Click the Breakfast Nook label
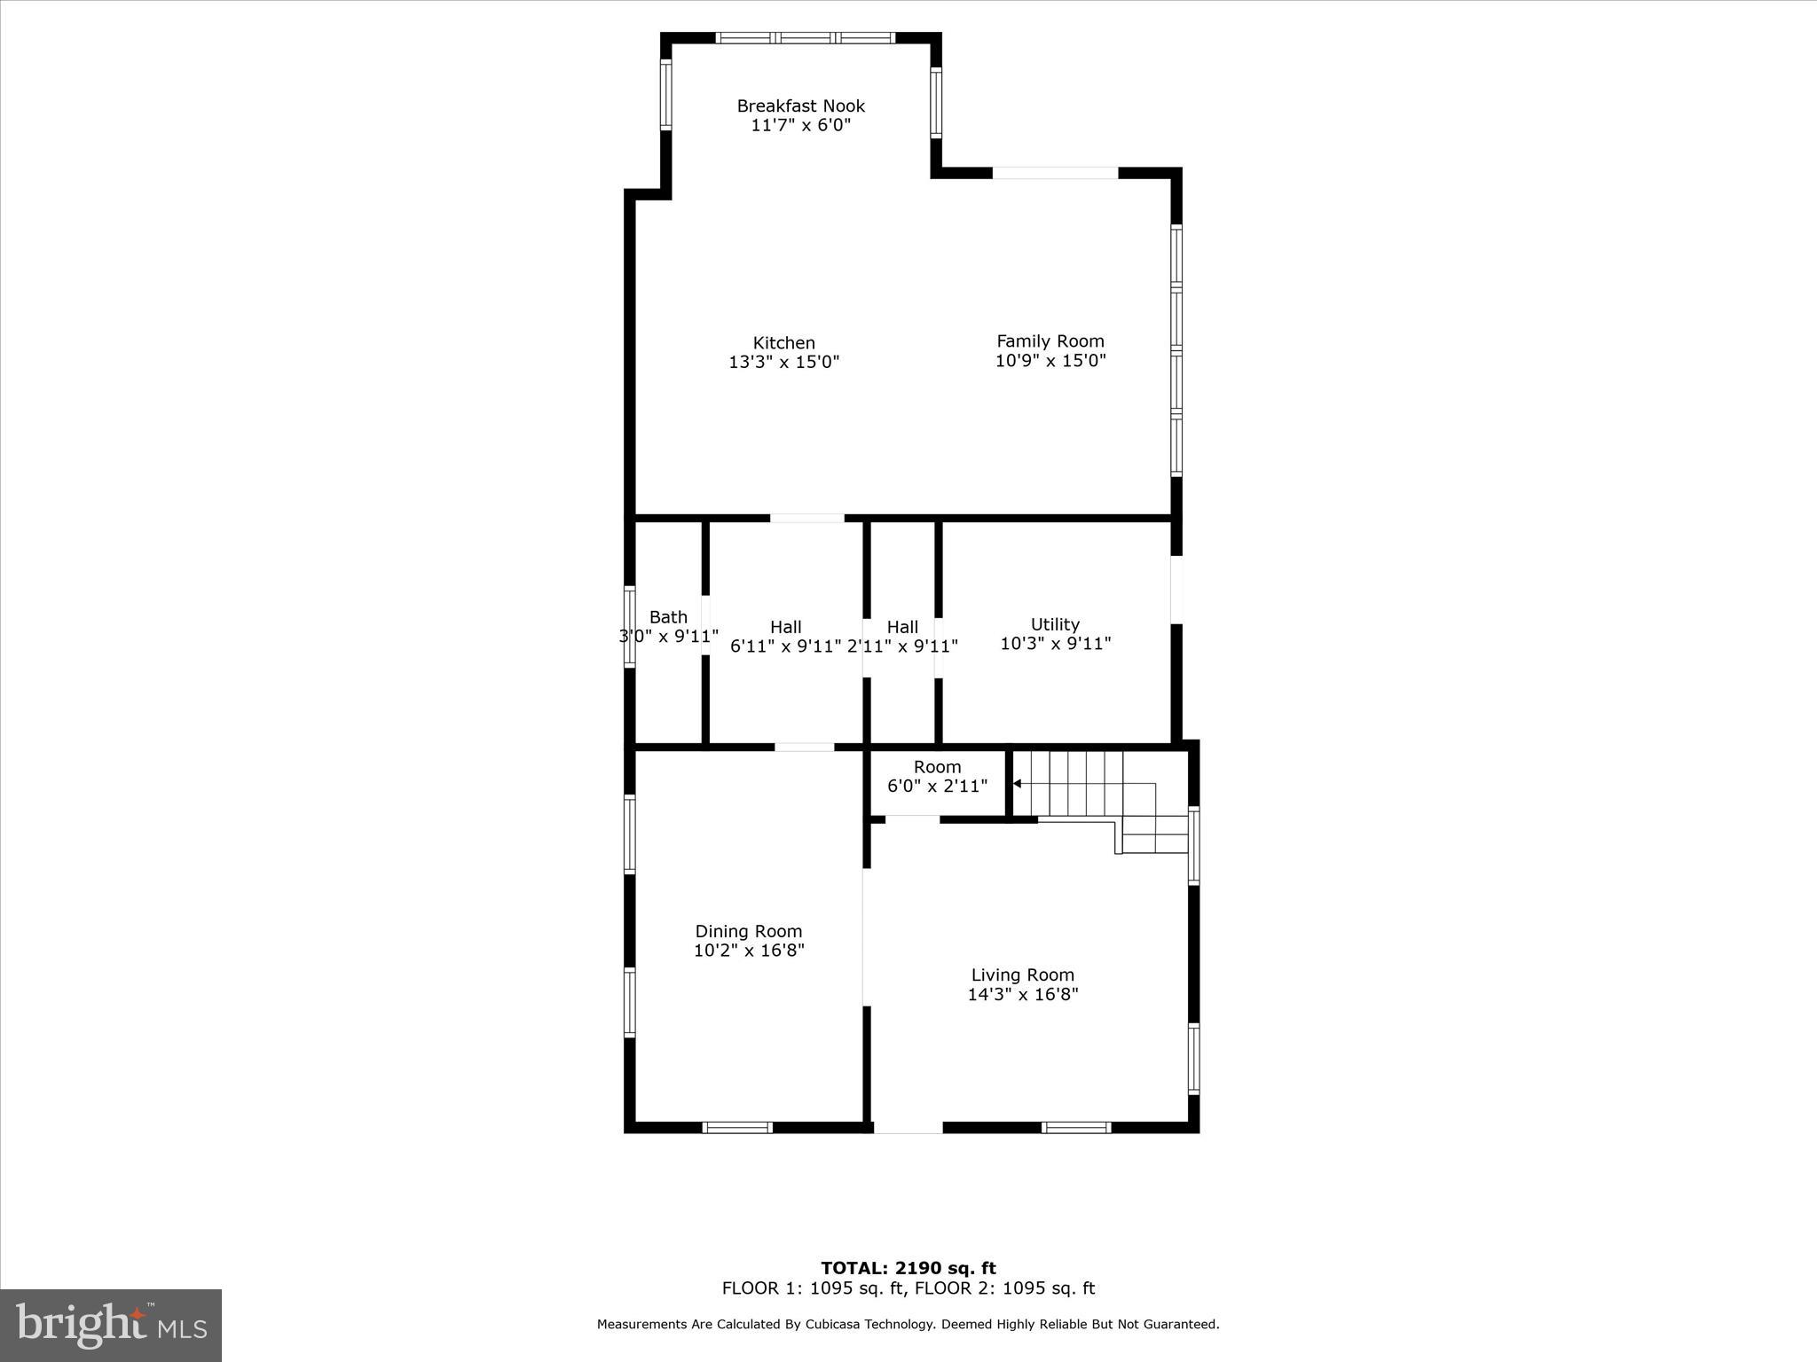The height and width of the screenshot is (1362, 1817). [800, 106]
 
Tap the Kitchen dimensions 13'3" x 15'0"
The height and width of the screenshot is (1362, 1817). [783, 363]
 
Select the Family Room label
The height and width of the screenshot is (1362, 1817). [1050, 341]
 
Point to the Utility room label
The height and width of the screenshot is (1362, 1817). [1055, 624]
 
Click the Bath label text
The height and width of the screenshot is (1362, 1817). [668, 617]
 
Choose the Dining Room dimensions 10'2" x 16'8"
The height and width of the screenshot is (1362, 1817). [749, 951]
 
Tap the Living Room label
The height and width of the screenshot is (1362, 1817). [1022, 975]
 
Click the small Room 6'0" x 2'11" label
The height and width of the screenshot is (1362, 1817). [937, 776]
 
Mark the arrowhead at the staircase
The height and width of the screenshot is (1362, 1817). [1018, 784]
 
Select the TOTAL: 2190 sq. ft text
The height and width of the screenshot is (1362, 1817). [908, 1268]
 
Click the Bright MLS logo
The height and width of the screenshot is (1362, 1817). [111, 1325]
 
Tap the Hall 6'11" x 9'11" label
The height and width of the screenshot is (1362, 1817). [785, 637]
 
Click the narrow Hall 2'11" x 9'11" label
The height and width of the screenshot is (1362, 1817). [902, 637]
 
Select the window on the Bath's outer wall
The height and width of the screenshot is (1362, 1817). [630, 626]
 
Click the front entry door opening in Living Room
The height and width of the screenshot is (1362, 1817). [908, 1127]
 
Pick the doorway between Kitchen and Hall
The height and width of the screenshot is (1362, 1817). [806, 518]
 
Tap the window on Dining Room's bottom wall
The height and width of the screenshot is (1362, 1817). [737, 1127]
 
